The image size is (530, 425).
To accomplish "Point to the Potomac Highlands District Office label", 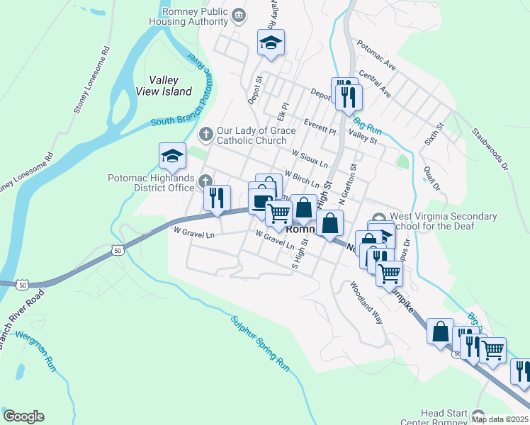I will click(151, 183).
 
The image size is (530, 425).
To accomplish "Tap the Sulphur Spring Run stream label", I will click(260, 344).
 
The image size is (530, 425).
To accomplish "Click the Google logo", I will click(23, 416).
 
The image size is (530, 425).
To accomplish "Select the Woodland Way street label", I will click(366, 302).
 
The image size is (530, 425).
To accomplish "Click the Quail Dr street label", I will click(431, 178).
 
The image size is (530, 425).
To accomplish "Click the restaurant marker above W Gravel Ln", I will click(217, 198).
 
